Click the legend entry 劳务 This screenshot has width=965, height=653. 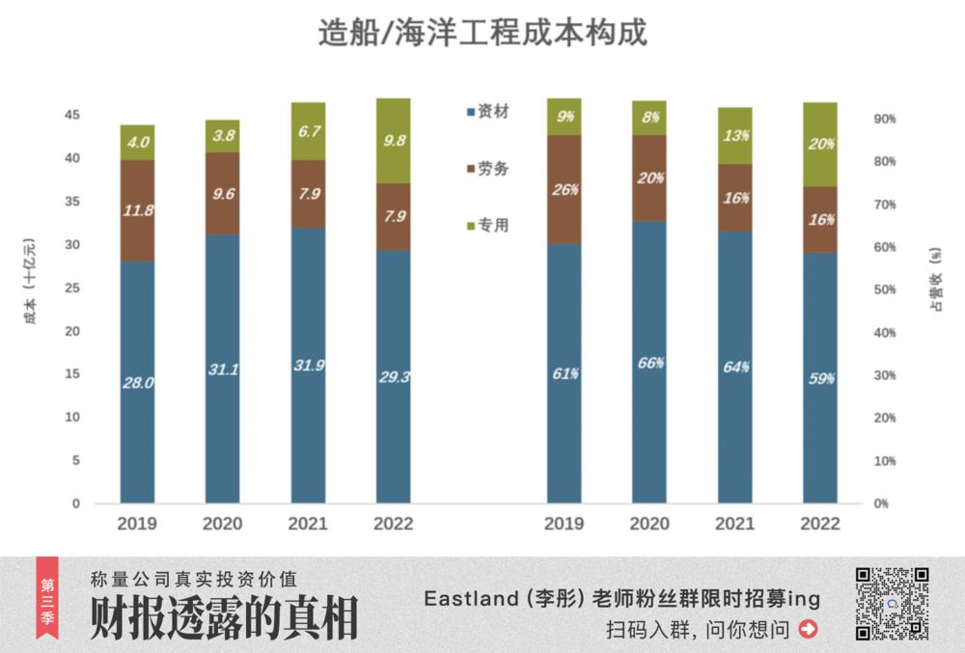click(x=492, y=169)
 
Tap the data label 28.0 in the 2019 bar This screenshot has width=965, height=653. click(x=138, y=383)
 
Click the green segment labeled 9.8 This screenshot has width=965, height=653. click(x=393, y=140)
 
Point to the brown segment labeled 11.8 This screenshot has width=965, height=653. click(x=138, y=210)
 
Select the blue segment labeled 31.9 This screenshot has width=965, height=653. click(x=308, y=366)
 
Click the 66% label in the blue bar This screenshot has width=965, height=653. click(x=649, y=363)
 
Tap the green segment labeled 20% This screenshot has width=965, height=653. click(x=820, y=145)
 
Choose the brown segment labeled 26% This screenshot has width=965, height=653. click(x=565, y=189)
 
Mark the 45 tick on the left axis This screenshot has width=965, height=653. click(x=72, y=115)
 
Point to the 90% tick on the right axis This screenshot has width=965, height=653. click(x=884, y=120)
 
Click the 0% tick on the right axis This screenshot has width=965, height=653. click(x=880, y=503)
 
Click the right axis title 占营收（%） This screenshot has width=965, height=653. click(x=935, y=280)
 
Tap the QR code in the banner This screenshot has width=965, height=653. click(x=892, y=604)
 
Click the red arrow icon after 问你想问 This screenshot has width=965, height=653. click(x=809, y=630)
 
